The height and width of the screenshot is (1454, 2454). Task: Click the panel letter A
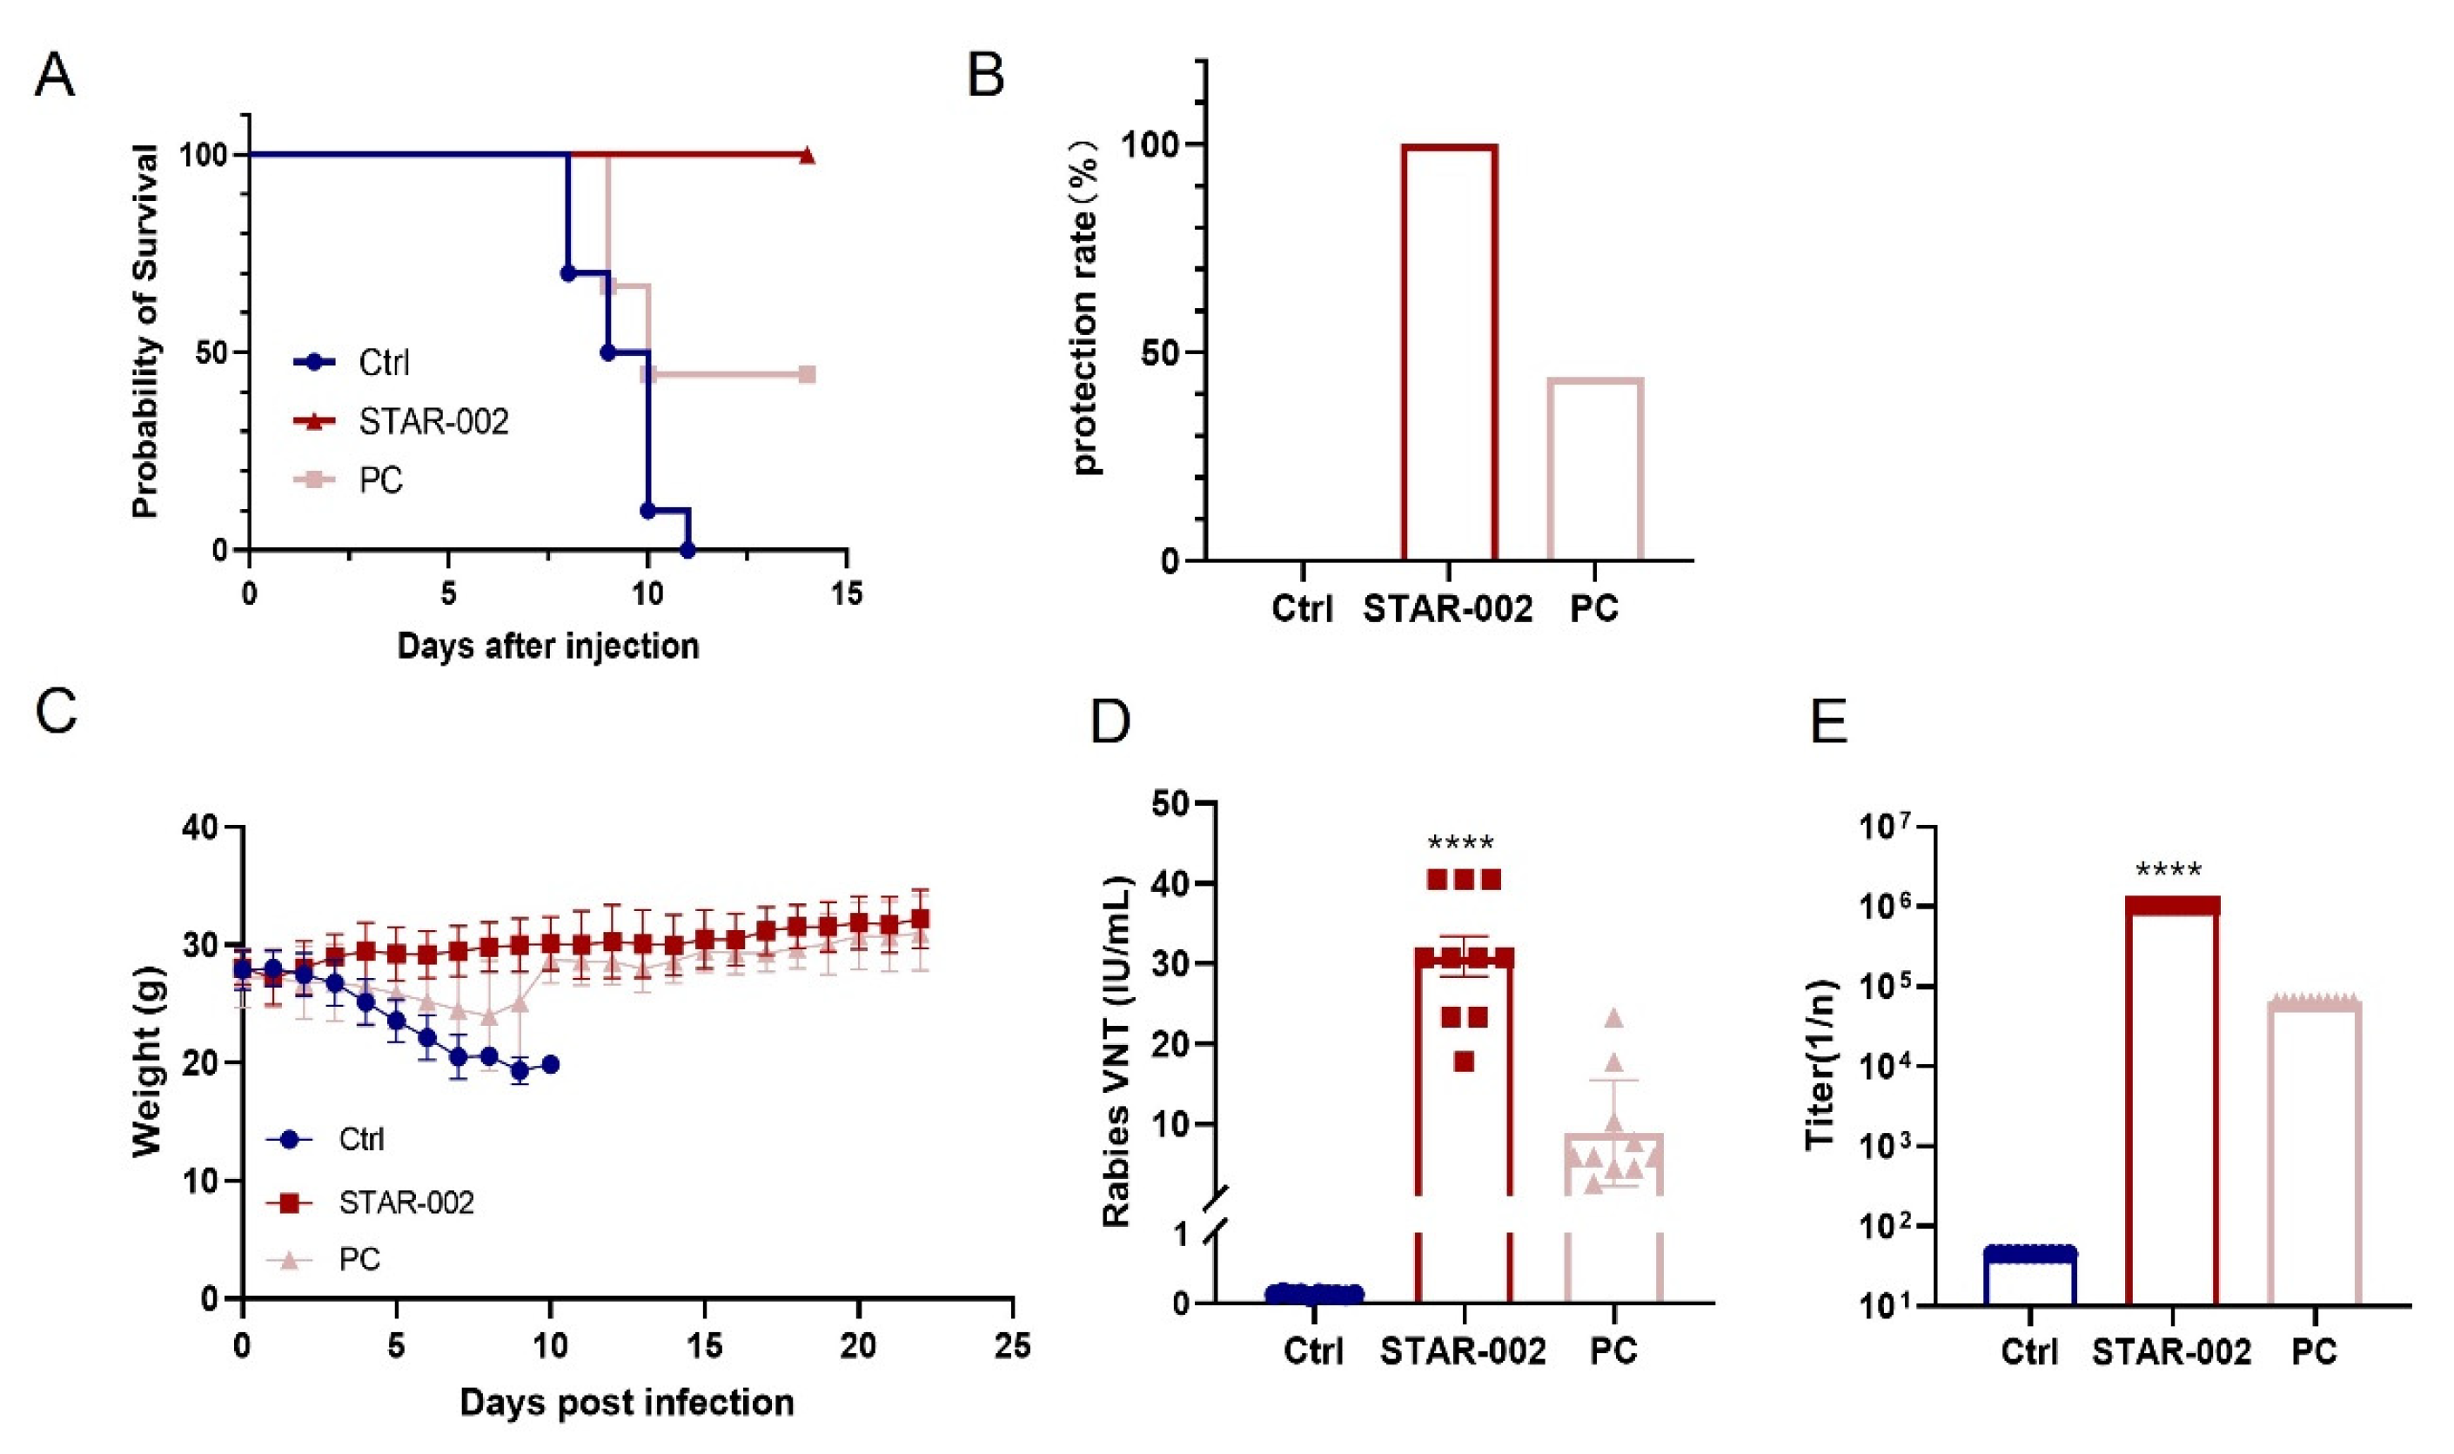(54, 76)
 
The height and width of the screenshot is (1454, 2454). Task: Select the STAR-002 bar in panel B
(1449, 352)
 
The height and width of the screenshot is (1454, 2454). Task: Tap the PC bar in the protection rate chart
(1594, 468)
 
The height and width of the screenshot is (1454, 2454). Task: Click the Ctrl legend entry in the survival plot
(352, 363)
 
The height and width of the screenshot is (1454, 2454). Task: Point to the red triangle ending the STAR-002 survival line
(806, 155)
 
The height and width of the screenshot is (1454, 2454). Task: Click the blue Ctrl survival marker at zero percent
(687, 550)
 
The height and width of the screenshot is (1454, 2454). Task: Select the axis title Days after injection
(547, 646)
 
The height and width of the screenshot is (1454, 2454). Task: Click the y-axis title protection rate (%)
(1085, 305)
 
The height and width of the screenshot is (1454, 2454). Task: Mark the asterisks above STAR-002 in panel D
(1460, 843)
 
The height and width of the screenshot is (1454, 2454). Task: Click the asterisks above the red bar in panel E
(2168, 870)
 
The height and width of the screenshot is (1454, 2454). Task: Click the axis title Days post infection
(626, 1403)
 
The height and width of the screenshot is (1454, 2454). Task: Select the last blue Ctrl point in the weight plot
(550, 1065)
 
